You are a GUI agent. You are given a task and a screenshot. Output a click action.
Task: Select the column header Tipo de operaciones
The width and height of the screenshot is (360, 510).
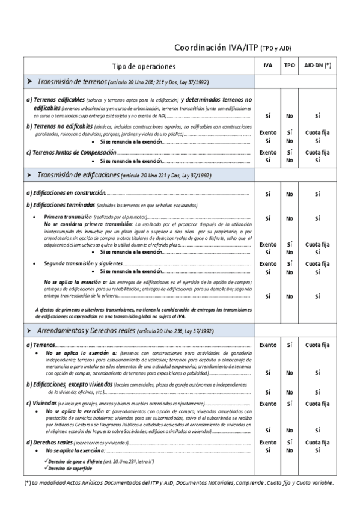point(144,66)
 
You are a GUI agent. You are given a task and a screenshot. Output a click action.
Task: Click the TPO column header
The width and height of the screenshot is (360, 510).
point(289,66)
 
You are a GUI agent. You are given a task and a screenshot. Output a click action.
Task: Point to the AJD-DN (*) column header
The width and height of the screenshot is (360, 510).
point(317,66)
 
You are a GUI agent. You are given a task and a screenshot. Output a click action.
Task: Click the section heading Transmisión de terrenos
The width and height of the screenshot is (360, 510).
point(72,81)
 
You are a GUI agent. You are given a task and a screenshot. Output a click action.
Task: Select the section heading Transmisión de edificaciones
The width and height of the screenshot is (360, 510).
point(79,174)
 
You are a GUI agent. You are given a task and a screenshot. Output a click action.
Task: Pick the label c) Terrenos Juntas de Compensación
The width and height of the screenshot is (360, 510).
point(72,152)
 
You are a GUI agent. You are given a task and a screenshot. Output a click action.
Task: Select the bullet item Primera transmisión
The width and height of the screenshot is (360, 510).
point(68,216)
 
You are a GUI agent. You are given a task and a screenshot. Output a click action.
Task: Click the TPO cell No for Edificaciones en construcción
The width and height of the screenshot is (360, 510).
point(289,194)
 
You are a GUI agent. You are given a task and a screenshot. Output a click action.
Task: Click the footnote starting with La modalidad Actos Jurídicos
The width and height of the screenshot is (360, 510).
point(180,483)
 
